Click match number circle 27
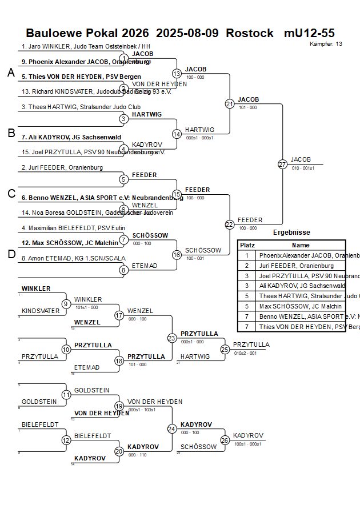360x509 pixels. [282, 165]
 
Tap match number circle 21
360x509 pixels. [230, 104]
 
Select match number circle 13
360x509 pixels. [177, 74]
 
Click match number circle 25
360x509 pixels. [225, 349]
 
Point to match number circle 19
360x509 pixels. [119, 406]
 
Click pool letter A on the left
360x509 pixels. [11, 73]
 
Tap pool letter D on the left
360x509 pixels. [11, 254]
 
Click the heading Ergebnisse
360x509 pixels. [291, 233]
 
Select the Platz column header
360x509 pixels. [247, 245]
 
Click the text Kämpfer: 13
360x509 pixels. [326, 44]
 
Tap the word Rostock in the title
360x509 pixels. [250, 33]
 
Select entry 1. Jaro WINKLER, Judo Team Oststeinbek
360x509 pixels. [86, 46]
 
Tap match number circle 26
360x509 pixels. [225, 440]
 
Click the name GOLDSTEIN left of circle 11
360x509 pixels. [39, 402]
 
